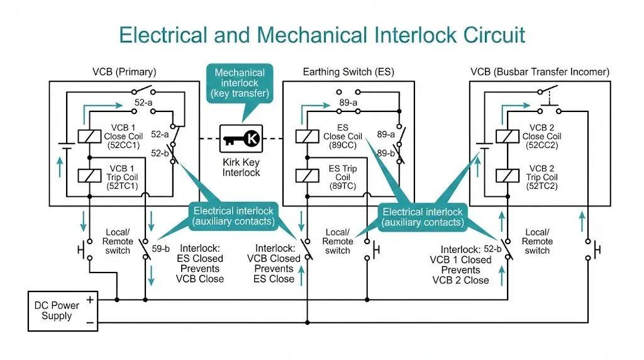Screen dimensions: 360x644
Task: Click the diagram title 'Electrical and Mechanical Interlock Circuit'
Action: pyautogui.click(x=321, y=34)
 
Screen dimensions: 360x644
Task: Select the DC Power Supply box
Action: pyautogui.click(x=61, y=310)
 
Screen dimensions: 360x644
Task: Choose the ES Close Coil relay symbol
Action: pyautogui.click(x=305, y=136)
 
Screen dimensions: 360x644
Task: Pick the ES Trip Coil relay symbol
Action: pyautogui.click(x=305, y=177)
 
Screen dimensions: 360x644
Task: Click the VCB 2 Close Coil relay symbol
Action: pyautogui.click(x=503, y=136)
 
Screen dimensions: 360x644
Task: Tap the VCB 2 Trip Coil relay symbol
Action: pyautogui.click(x=503, y=177)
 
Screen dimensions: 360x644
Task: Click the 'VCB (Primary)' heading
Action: pyautogui.click(x=125, y=72)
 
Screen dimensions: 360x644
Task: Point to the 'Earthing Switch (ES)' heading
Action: pyautogui.click(x=348, y=72)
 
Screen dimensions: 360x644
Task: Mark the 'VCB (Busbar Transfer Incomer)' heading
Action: pyautogui.click(x=540, y=72)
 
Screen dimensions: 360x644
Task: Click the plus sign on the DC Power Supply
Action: pyautogui.click(x=90, y=300)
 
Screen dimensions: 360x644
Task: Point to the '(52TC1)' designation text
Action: pyautogui.click(x=123, y=186)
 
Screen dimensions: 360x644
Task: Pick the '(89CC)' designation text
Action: pyautogui.click(x=343, y=145)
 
